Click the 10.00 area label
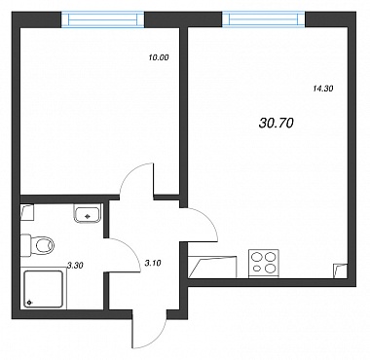(159, 58)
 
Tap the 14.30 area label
(323, 88)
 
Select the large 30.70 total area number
(277, 123)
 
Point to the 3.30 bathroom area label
(75, 266)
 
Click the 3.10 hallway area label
(152, 263)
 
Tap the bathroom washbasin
(87, 213)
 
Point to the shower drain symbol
(29, 303)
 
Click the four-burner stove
(263, 264)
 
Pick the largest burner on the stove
(270, 269)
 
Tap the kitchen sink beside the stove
(213, 267)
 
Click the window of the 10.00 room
(103, 19)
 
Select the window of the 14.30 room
(264, 19)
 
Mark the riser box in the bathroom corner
(27, 211)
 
